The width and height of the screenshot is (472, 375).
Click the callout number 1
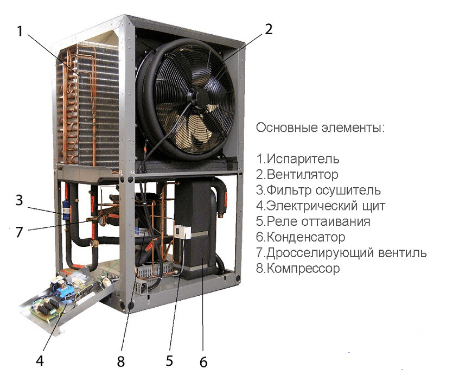tap(20, 31)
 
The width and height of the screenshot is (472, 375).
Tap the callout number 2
tap(268, 29)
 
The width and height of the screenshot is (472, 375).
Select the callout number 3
tap(20, 200)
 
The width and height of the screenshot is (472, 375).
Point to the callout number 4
tap(40, 360)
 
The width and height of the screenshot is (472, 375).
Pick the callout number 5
tap(169, 360)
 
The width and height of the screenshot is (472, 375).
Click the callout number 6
tap(203, 362)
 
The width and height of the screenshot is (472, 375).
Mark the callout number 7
tap(20, 232)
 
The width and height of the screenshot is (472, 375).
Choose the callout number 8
tap(121, 361)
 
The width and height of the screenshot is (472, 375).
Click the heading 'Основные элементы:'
tap(320, 128)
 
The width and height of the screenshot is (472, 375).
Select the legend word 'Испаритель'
tap(303, 159)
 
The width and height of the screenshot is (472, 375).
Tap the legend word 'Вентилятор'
tap(303, 175)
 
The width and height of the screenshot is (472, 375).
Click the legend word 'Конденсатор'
tap(306, 237)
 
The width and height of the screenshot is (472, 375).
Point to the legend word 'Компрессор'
tap(303, 269)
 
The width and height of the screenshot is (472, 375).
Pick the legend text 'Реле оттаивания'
tap(318, 221)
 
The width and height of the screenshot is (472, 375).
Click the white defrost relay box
tap(182, 231)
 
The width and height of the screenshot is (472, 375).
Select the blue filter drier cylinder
tap(66, 211)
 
